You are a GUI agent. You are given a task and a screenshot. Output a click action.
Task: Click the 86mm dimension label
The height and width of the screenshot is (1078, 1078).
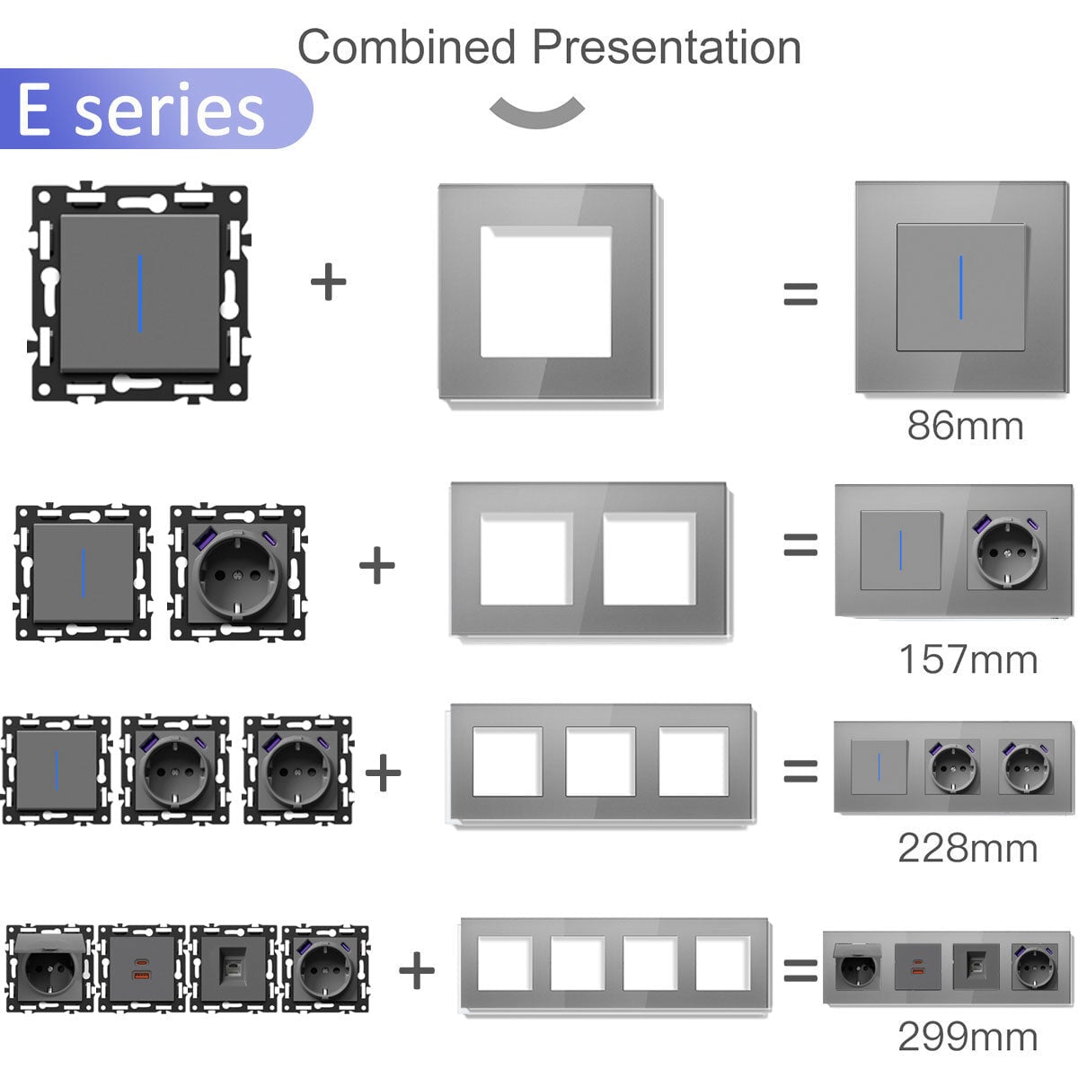pos(965,427)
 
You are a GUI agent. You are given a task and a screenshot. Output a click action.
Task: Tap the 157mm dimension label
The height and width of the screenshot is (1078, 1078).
pos(968,659)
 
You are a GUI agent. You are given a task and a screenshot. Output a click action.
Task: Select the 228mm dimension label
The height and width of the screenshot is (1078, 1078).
pos(968,848)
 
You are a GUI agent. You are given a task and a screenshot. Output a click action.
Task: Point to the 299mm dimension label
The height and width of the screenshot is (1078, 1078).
pos(968,1037)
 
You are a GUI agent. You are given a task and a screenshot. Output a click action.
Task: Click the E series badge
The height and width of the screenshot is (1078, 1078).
pos(155,109)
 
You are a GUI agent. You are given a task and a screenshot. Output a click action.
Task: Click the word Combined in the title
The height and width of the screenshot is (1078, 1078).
pos(407,47)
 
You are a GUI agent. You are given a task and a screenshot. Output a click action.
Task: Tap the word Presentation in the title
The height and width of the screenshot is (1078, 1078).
pos(667,47)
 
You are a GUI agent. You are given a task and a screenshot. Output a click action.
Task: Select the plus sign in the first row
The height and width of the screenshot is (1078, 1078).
pos(329,281)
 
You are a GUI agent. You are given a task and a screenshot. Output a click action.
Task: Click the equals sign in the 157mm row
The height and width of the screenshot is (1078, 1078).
pos(800,544)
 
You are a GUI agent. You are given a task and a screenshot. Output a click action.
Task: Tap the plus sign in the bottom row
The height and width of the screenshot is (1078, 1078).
pos(417,970)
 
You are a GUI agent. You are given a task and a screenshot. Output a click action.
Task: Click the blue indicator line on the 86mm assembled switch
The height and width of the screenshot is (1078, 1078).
pos(961,287)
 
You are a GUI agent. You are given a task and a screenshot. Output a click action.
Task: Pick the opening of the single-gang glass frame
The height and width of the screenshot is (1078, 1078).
pos(546,291)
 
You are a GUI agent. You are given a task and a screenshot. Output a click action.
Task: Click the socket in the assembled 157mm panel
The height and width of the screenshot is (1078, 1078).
pos(1007,550)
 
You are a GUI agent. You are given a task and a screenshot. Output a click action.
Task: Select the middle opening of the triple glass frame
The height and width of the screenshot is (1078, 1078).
pos(601,761)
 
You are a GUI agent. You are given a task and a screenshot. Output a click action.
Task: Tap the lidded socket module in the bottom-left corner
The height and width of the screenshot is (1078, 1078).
pos(49,968)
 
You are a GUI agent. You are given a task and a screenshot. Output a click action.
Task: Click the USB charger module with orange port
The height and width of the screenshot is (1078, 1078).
pos(142,968)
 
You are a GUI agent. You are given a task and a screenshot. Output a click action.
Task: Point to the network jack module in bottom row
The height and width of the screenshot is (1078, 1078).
pos(234,968)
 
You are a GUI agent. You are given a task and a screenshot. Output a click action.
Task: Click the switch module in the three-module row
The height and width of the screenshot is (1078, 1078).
pos(56,769)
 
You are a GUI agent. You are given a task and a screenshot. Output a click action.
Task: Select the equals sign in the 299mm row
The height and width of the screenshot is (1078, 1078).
pos(800,970)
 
